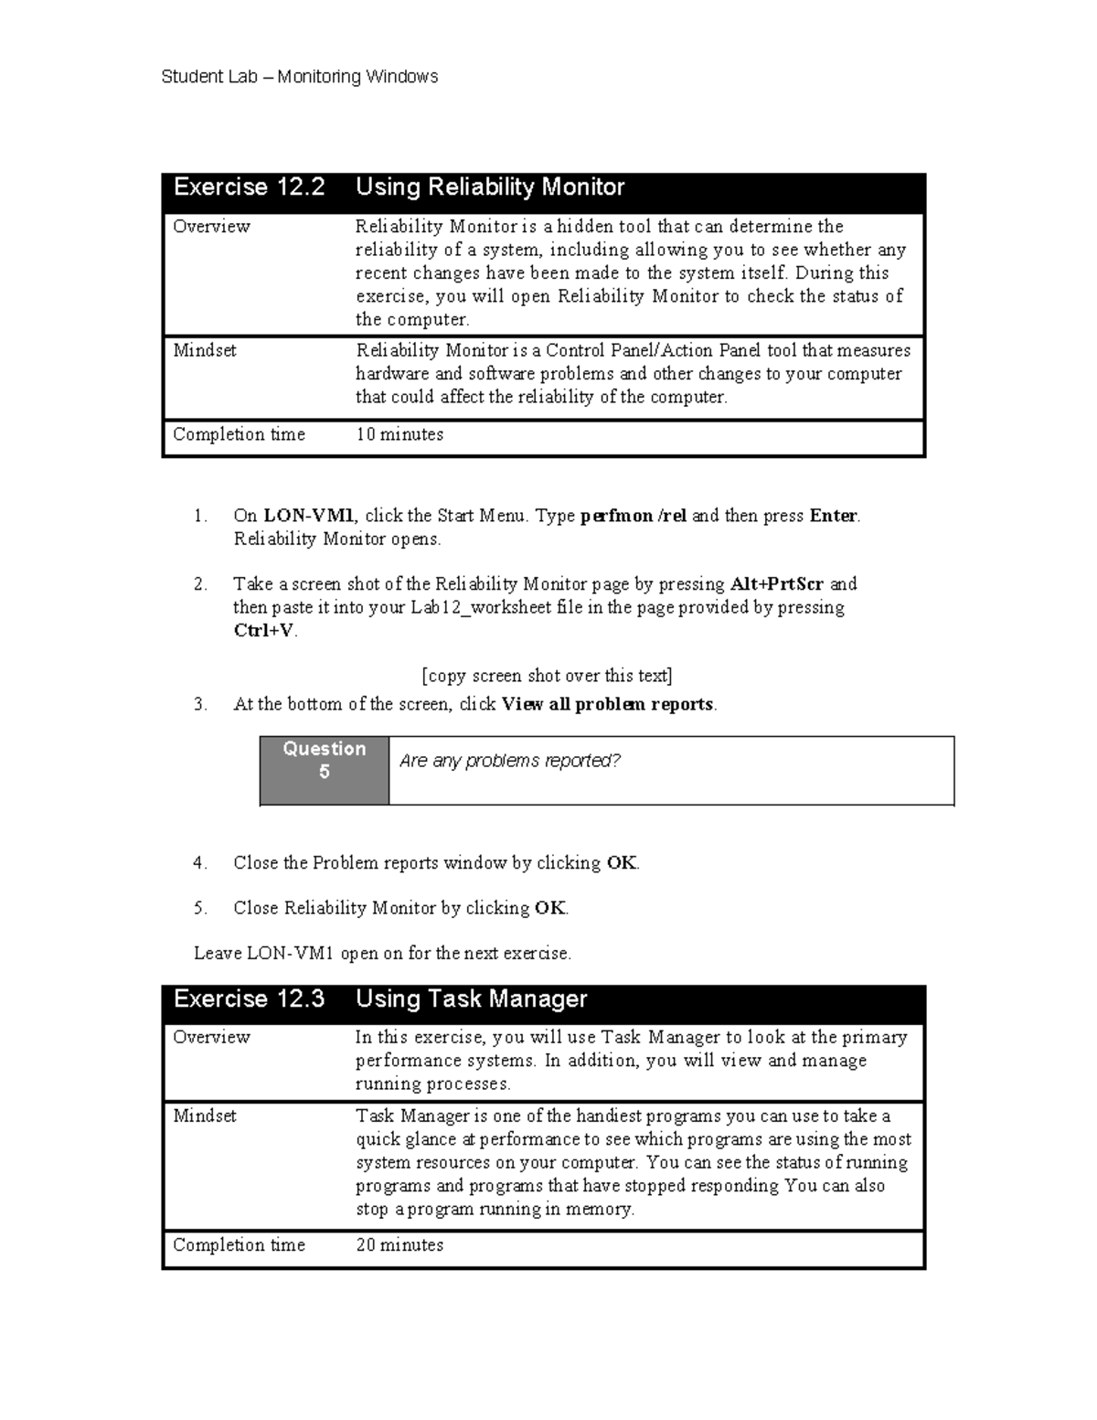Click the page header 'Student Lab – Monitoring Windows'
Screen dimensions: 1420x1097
point(299,77)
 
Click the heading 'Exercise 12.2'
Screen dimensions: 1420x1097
point(249,187)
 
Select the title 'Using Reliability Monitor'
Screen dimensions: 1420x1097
point(489,187)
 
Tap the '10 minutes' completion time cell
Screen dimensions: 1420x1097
point(399,434)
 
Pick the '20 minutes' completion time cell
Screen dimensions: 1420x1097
point(399,1244)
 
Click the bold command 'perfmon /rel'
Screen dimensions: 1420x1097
point(633,516)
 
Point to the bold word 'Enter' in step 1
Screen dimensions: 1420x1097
point(833,516)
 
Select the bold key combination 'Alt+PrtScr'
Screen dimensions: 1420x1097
point(777,583)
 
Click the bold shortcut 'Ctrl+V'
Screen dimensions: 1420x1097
point(264,631)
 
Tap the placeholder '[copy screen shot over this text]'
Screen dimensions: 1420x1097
point(547,676)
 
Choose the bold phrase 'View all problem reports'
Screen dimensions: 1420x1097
point(608,704)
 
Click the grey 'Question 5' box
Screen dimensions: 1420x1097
point(325,761)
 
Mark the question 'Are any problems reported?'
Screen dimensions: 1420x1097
point(510,761)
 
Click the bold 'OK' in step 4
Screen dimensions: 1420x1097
point(622,862)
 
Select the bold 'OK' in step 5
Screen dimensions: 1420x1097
point(550,908)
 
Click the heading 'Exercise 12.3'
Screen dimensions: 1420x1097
point(249,998)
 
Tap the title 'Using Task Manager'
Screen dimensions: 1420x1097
point(471,998)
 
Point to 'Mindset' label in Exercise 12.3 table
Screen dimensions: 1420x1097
point(205,1116)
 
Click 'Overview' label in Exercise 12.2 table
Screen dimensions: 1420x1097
point(211,226)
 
